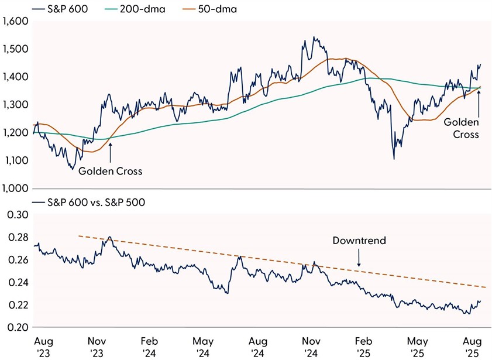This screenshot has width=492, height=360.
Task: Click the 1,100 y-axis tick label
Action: [x=15, y=160]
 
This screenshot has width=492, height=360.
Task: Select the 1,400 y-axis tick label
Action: [x=15, y=77]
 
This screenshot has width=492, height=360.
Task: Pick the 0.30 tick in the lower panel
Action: [x=18, y=215]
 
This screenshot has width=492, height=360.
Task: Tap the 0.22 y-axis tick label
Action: [x=18, y=305]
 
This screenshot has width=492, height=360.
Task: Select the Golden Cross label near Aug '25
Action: [x=461, y=128]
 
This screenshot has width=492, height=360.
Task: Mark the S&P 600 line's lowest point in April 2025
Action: [x=394, y=159]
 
